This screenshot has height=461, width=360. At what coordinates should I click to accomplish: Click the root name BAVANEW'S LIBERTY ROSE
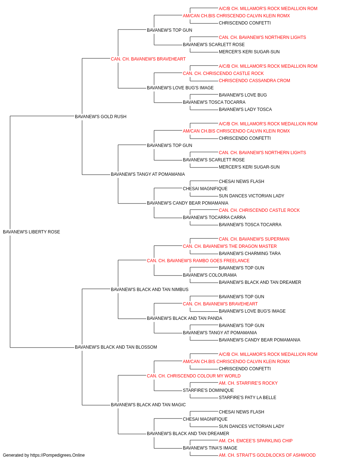click(x=31, y=232)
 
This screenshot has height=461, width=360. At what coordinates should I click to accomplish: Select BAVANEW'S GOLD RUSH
click(x=100, y=117)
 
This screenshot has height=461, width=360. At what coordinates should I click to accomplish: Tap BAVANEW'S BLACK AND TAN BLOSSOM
click(x=116, y=347)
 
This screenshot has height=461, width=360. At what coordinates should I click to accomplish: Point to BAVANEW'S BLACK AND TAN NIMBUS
click(x=149, y=290)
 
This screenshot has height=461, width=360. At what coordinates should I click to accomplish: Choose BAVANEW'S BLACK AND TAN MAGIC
click(x=148, y=405)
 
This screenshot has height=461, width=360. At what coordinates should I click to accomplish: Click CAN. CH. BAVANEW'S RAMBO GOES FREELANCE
click(x=198, y=261)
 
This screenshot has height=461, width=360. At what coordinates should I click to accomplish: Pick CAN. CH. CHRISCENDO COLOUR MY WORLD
click(x=194, y=376)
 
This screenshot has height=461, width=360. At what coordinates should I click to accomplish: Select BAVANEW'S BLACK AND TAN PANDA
click(x=184, y=318)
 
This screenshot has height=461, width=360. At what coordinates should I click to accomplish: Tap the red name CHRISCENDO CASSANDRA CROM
click(x=255, y=81)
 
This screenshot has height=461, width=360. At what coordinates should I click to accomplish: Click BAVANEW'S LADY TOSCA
click(x=245, y=109)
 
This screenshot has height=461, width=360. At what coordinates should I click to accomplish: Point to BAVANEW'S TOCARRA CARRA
click(x=214, y=218)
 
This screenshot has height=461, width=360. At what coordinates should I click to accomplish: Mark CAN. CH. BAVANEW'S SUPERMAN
click(x=254, y=239)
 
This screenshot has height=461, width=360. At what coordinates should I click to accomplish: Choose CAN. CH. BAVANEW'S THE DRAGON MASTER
click(x=230, y=246)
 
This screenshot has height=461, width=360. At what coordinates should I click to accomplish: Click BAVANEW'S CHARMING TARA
click(x=249, y=254)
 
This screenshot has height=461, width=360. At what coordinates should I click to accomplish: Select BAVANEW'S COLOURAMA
click(x=210, y=275)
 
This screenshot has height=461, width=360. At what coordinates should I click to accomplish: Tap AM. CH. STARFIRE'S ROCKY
click(x=248, y=383)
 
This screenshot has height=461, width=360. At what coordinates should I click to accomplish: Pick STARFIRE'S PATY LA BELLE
click(x=247, y=398)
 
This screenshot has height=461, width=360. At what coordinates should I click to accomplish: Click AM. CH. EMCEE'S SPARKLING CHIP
click(x=256, y=441)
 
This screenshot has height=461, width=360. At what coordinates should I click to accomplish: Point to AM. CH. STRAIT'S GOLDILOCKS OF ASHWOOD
click(x=267, y=455)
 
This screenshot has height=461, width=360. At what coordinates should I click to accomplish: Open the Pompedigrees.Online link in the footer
click(x=57, y=455)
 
